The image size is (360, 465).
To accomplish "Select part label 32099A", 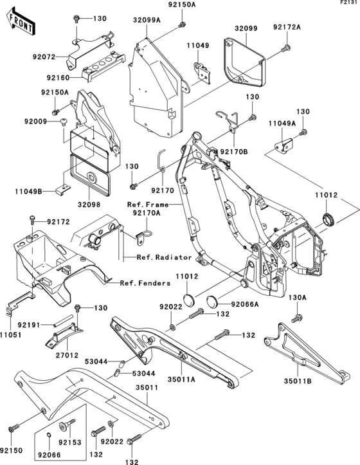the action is pos(147,20).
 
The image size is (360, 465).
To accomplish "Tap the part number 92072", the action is pos(44,57).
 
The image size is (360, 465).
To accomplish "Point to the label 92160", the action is pos(58,78).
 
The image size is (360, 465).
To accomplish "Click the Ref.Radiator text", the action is pos(165,257).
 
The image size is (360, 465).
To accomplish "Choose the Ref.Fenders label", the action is pos(145,283).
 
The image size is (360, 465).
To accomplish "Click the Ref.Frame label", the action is pos(148,205).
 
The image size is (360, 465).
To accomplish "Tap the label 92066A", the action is pos(245,304).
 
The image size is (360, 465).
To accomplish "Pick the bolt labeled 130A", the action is pos(297,318).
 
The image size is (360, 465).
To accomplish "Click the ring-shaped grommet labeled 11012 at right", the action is pos(328,219).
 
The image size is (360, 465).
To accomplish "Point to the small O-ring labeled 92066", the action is pos(50,435).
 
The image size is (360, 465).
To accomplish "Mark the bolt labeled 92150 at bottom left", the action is pos(14,428).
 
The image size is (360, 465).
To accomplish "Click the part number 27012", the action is pos(67,355).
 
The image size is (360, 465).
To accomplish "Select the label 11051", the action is pos(11,335).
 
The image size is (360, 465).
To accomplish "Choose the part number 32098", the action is pos(89,205).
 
